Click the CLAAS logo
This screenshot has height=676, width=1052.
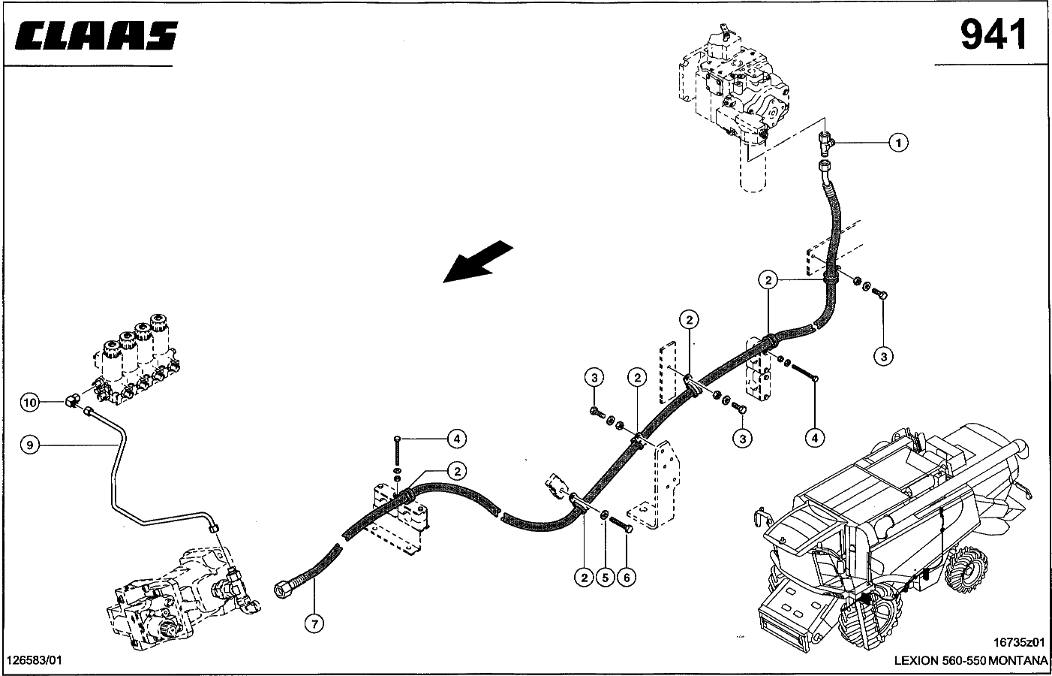pos(95,36)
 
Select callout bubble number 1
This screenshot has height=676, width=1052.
pos(898,142)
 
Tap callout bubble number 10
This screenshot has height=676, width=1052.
pos(29,403)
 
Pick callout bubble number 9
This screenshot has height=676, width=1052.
pos(29,445)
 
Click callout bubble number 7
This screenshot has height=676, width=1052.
pos(315,622)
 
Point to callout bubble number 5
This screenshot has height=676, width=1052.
pos(605,578)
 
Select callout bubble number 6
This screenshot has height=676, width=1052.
pos(626,578)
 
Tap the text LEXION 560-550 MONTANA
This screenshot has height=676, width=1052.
pos(970,660)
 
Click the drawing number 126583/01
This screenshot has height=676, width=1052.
pos(35,659)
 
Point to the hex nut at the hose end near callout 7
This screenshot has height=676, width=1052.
pos(283,589)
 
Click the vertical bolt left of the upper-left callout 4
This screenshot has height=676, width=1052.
pos(397,454)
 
